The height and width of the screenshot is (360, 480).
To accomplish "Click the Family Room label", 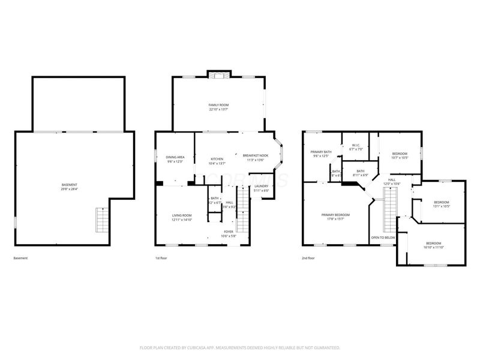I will click(x=218, y=105).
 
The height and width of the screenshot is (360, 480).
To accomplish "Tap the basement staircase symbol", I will click(x=103, y=220).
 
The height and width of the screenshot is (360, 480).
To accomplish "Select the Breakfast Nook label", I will click(x=256, y=155).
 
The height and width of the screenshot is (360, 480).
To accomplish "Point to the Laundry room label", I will click(x=261, y=186).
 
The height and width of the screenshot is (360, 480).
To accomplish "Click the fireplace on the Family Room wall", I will click(x=218, y=74).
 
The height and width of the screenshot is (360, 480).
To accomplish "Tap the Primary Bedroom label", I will click(x=335, y=215).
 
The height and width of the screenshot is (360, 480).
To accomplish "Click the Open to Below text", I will click(x=383, y=238).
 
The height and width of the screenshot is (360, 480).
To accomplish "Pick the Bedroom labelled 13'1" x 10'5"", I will click(x=442, y=202).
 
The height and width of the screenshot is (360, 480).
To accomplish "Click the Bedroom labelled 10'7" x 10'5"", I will click(x=400, y=154).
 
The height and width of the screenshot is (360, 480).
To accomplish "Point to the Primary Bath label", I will click(x=321, y=152).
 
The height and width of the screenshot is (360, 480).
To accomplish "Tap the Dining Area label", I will click(x=175, y=157).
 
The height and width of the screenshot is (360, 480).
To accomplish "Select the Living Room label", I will click(x=182, y=215).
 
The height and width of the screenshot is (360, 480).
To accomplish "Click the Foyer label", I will click(x=229, y=232).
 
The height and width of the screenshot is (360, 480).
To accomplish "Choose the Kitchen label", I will click(x=217, y=159).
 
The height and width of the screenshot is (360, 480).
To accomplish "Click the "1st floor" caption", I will click(x=161, y=259).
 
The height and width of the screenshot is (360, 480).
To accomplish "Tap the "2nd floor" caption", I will click(x=309, y=259).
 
